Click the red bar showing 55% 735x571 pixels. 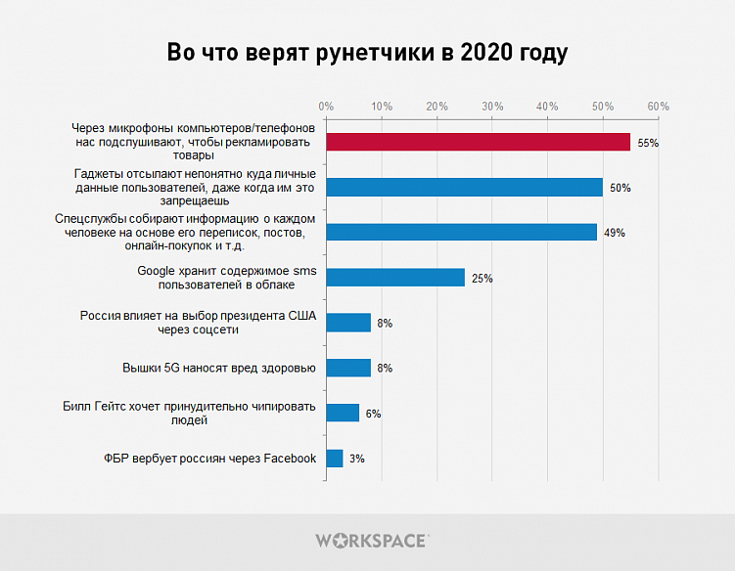[478, 142]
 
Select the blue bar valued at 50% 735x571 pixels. [464, 187]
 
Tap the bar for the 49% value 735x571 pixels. [461, 232]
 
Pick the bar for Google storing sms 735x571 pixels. [395, 278]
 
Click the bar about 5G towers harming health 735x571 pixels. [348, 368]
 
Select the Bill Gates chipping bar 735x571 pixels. [343, 413]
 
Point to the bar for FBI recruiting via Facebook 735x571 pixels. [335, 458]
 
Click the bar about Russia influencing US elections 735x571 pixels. [348, 323]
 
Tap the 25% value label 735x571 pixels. [482, 279]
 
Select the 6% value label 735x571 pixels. [373, 414]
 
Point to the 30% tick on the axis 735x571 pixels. [492, 106]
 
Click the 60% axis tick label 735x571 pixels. [658, 106]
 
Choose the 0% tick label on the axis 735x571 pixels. [326, 106]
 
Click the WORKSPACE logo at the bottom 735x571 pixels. [371, 540]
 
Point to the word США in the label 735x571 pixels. [300, 316]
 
